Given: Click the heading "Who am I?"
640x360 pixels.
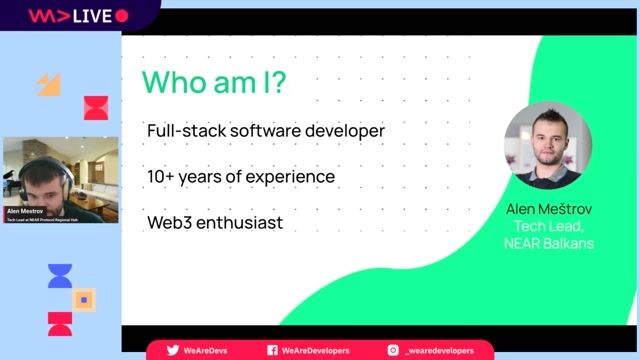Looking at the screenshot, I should (x=214, y=82).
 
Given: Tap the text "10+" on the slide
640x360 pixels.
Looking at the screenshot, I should (x=161, y=177).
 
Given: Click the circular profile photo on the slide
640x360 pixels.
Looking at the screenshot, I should (x=547, y=146).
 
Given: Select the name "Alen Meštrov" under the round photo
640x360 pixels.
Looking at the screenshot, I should (x=548, y=210).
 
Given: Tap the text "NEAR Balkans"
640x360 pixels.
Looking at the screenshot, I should (x=548, y=242).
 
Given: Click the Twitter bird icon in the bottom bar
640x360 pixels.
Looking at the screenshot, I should (x=173, y=350).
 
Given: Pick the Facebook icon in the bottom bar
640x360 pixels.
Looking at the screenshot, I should (x=272, y=350).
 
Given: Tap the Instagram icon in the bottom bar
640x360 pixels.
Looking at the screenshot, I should (x=394, y=350).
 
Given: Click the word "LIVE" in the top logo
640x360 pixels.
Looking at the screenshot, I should (x=91, y=16).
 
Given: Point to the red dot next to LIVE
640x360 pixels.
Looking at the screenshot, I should (x=122, y=16).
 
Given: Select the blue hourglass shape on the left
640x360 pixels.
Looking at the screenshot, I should (x=60, y=276).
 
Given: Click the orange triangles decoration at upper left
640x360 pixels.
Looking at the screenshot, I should (x=49, y=84).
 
